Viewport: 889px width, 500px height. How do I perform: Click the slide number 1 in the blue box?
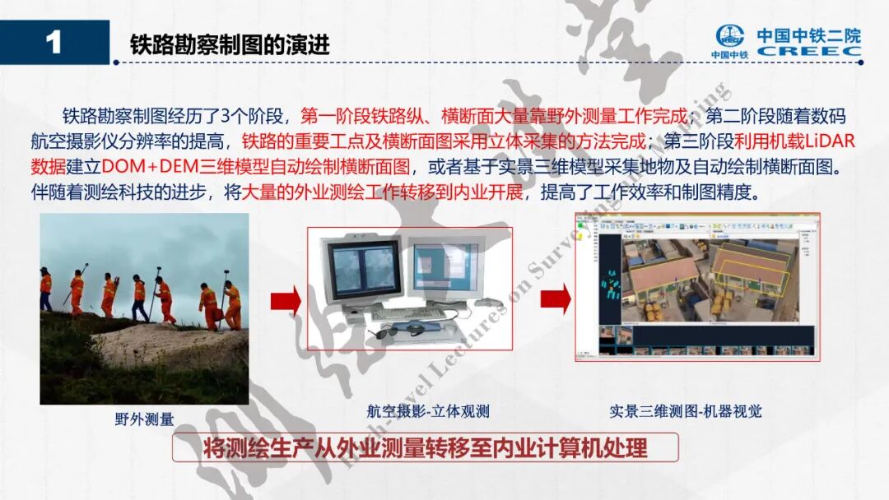click(x=54, y=42)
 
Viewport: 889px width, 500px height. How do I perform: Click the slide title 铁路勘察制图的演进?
click(x=230, y=44)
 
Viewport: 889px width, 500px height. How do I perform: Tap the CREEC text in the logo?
click(x=808, y=51)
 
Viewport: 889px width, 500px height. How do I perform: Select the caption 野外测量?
click(x=144, y=419)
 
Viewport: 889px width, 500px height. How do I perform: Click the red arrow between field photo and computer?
click(x=285, y=301)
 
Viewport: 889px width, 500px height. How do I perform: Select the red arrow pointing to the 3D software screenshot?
click(x=555, y=298)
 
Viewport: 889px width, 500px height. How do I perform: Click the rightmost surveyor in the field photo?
click(x=233, y=304)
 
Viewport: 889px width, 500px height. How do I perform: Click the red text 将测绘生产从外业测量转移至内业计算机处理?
click(x=425, y=448)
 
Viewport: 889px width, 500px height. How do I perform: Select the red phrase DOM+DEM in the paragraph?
click(x=149, y=167)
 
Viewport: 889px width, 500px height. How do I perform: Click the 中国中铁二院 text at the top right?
click(x=808, y=35)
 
